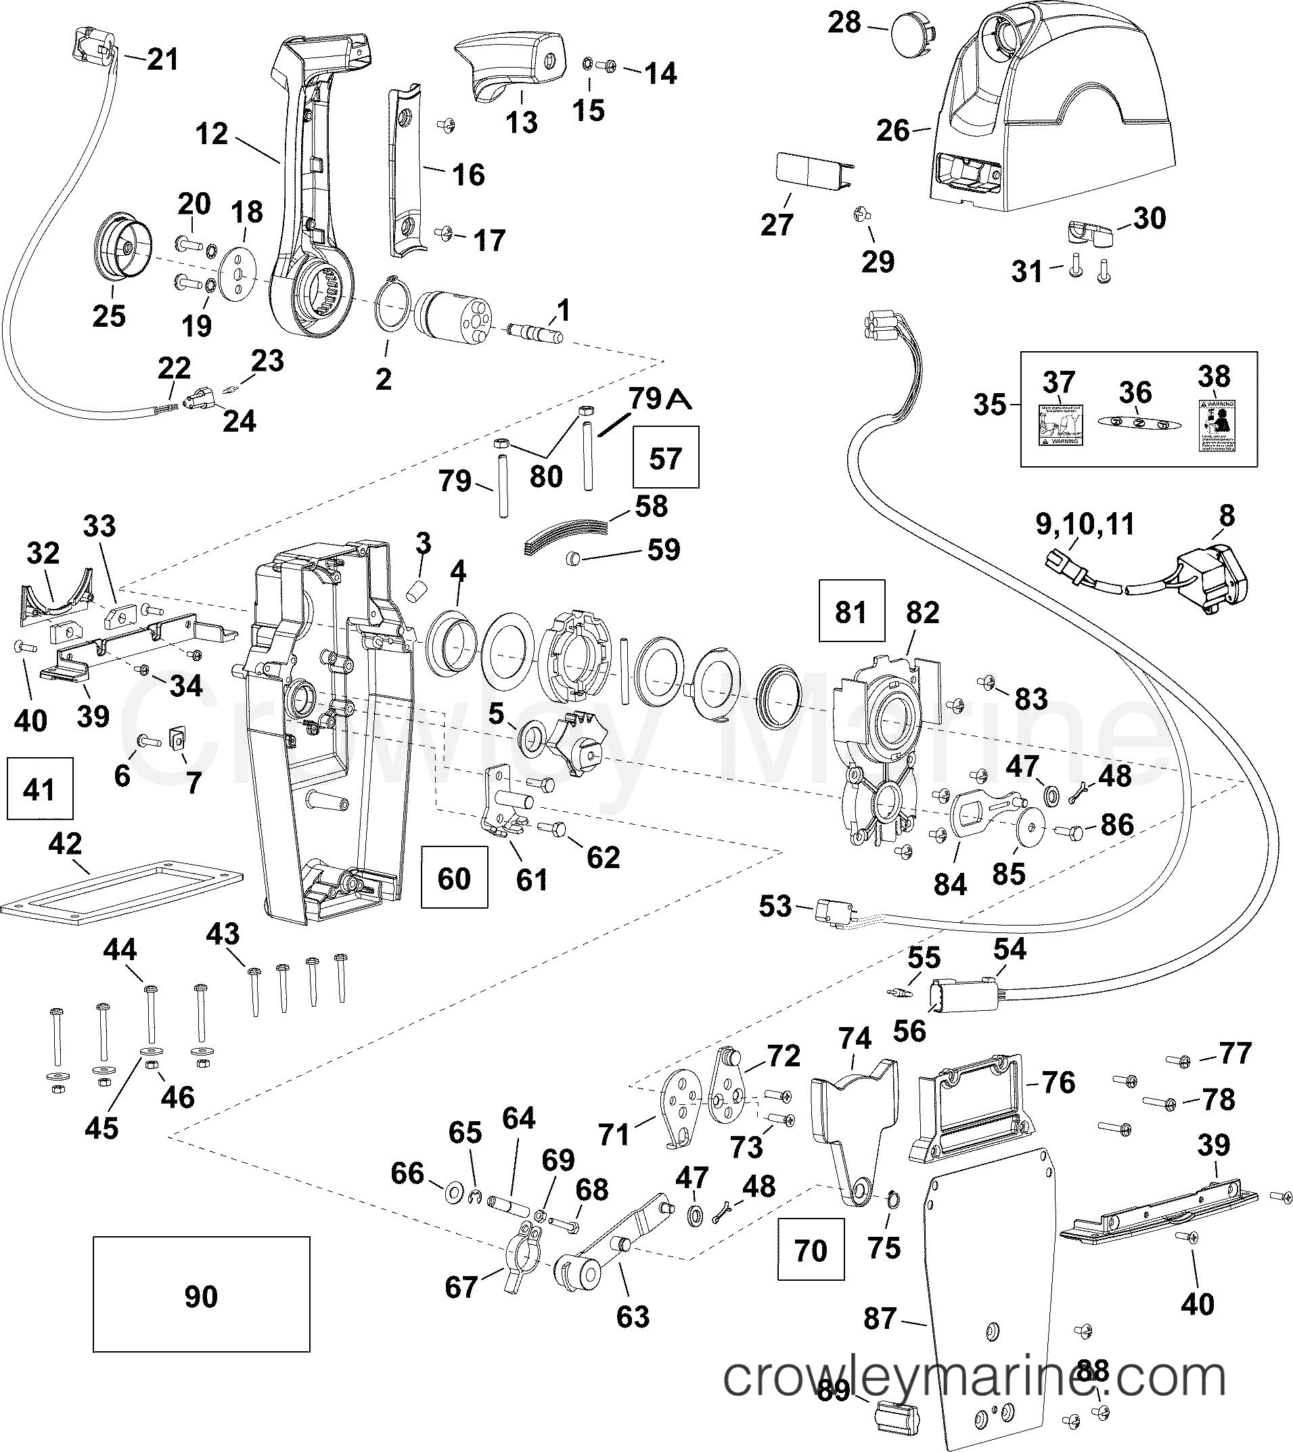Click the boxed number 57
[x=665, y=457]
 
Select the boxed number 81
[x=851, y=611]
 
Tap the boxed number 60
[x=454, y=878]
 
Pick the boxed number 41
[x=39, y=788]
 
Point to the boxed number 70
[x=811, y=1250]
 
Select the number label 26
[x=893, y=130]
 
